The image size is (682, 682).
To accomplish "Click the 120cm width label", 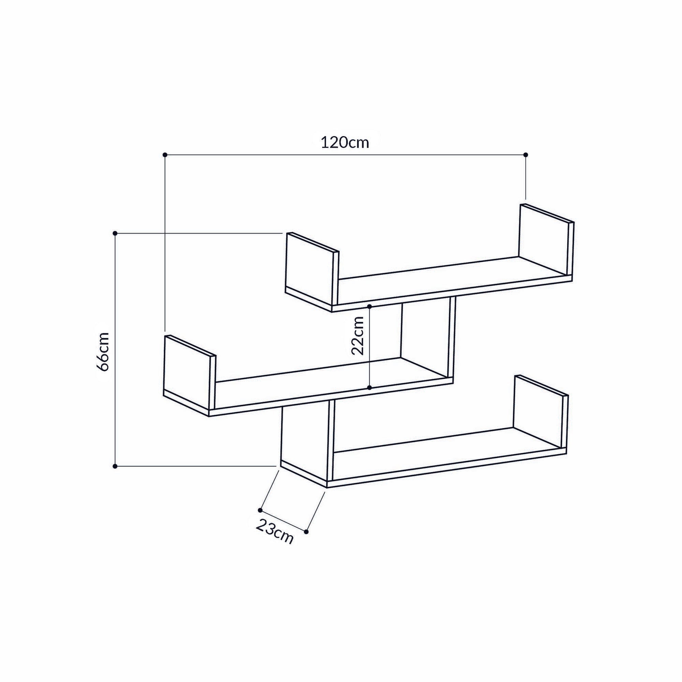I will click(344, 143).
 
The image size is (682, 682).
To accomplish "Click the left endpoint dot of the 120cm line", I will click(164, 154).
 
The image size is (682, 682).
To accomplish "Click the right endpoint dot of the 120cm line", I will click(525, 154).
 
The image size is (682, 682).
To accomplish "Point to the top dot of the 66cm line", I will click(115, 233).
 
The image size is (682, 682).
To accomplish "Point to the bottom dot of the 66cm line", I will click(115, 466).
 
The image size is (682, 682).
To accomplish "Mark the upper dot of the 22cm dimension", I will click(369, 306).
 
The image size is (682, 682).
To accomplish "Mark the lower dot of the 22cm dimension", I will click(369, 388).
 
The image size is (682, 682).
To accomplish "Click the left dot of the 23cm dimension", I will click(260, 510).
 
